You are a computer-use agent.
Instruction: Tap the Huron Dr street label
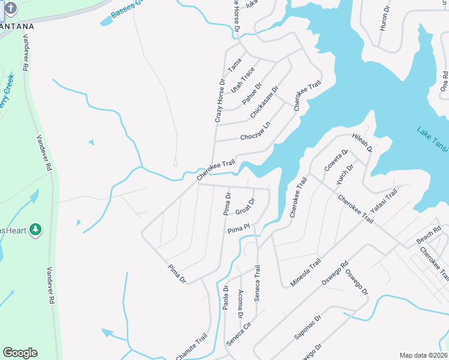coord(385,20)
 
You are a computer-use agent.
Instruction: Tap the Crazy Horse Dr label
coord(220,101)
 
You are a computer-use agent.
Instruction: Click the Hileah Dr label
coord(362,142)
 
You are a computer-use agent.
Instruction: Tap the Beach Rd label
coord(429,236)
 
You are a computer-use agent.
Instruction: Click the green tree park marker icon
coord(35,229)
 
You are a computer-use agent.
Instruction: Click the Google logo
coord(20,352)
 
